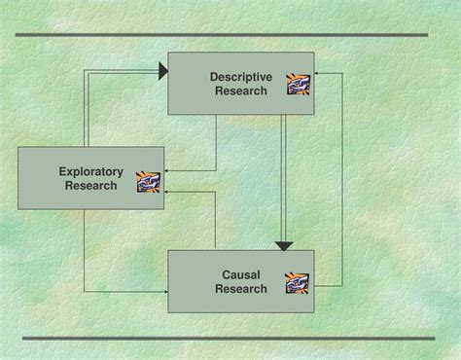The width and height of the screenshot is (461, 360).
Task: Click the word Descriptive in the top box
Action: (x=241, y=77)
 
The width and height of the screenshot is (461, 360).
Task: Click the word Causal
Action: (x=240, y=274)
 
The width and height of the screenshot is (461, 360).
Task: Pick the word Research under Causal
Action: (x=240, y=289)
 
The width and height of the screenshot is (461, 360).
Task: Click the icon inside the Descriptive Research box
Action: (x=298, y=85)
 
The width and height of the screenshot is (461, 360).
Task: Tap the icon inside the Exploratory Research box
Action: (x=148, y=181)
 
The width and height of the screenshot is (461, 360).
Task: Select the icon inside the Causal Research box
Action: (x=297, y=283)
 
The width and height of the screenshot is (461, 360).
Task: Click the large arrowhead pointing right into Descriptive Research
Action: (x=161, y=69)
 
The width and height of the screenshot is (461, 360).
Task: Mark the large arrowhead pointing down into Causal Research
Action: (x=283, y=245)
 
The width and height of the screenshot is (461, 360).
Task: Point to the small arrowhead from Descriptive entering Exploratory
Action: (x=165, y=170)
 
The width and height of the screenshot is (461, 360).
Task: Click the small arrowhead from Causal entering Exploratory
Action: (x=165, y=194)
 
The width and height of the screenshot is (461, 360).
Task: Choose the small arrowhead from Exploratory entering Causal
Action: (x=165, y=291)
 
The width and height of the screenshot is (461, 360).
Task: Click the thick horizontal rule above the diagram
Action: (x=223, y=35)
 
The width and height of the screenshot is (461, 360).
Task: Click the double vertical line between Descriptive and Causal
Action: (x=283, y=175)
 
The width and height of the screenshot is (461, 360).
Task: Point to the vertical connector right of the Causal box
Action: (x=341, y=180)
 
